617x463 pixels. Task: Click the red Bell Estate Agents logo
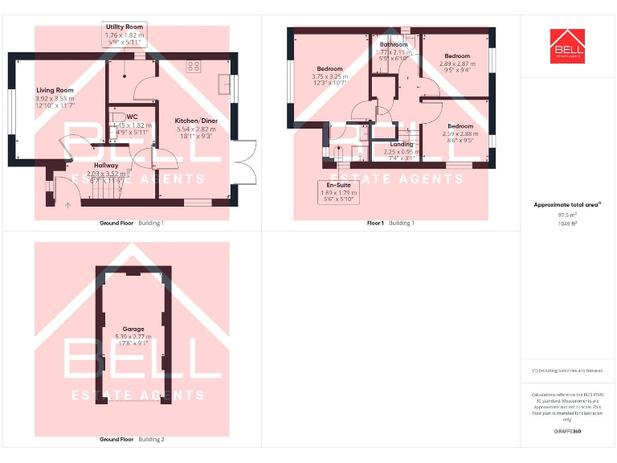pyautogui.click(x=567, y=46)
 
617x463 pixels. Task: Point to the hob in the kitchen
pyautogui.click(x=194, y=67)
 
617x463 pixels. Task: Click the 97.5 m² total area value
pyautogui.click(x=567, y=215)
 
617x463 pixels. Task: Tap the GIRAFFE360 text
pyautogui.click(x=567, y=432)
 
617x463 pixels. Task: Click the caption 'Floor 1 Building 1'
pyautogui.click(x=390, y=223)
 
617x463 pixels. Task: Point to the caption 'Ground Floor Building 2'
pyautogui.click(x=132, y=440)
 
